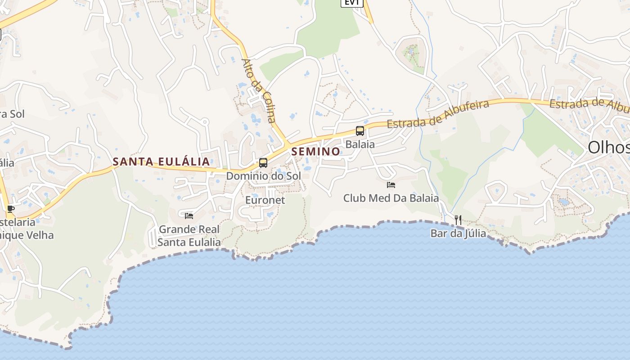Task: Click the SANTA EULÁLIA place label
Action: point(161,162)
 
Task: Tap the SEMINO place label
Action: point(315,152)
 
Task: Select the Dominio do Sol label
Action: point(263,176)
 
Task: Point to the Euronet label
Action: point(265,200)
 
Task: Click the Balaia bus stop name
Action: point(360,144)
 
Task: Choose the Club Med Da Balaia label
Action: point(391,198)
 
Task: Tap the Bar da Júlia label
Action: point(458,233)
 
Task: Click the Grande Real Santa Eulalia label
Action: point(189,236)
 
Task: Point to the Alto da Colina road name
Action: point(258,90)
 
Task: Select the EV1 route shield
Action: point(351,3)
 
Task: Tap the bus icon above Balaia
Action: point(360,131)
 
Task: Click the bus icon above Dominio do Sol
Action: point(263,163)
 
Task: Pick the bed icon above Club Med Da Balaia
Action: point(391,184)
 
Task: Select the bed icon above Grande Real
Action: point(189,216)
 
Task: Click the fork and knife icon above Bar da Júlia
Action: point(458,220)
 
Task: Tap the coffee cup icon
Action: point(10,209)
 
